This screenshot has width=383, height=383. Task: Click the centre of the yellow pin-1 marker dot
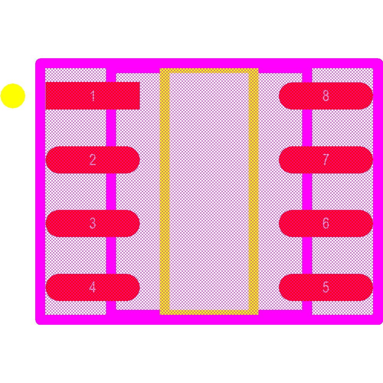coord(13,96)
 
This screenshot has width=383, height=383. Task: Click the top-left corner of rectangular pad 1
coord(46,82)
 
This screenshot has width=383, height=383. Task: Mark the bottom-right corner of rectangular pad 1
coord(140,110)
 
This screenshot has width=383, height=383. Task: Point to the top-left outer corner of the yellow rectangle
coord(159,68)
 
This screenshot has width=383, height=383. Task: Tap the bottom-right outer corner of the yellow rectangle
coord(259,315)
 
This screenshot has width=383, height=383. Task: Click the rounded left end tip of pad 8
coord(279,96)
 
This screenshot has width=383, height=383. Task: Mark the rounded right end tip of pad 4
coord(140,287)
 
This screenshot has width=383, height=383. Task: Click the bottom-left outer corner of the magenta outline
coord(35,325)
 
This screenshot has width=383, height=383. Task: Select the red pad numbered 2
coord(93,160)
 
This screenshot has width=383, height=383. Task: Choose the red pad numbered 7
coord(326,160)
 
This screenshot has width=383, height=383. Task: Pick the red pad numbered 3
coord(93,223)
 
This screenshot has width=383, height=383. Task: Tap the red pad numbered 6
coord(326,223)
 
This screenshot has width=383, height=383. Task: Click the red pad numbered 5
coord(326,287)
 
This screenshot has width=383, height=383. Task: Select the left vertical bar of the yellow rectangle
coord(164,191)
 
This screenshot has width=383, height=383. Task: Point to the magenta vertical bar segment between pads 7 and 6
coord(307,191)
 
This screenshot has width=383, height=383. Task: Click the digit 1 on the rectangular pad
coord(93,96)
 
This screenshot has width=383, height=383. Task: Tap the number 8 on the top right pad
coord(326,96)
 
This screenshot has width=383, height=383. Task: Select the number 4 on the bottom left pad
coord(92,287)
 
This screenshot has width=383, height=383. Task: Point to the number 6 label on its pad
coord(326,223)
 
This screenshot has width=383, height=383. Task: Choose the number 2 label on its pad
coord(93,160)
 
